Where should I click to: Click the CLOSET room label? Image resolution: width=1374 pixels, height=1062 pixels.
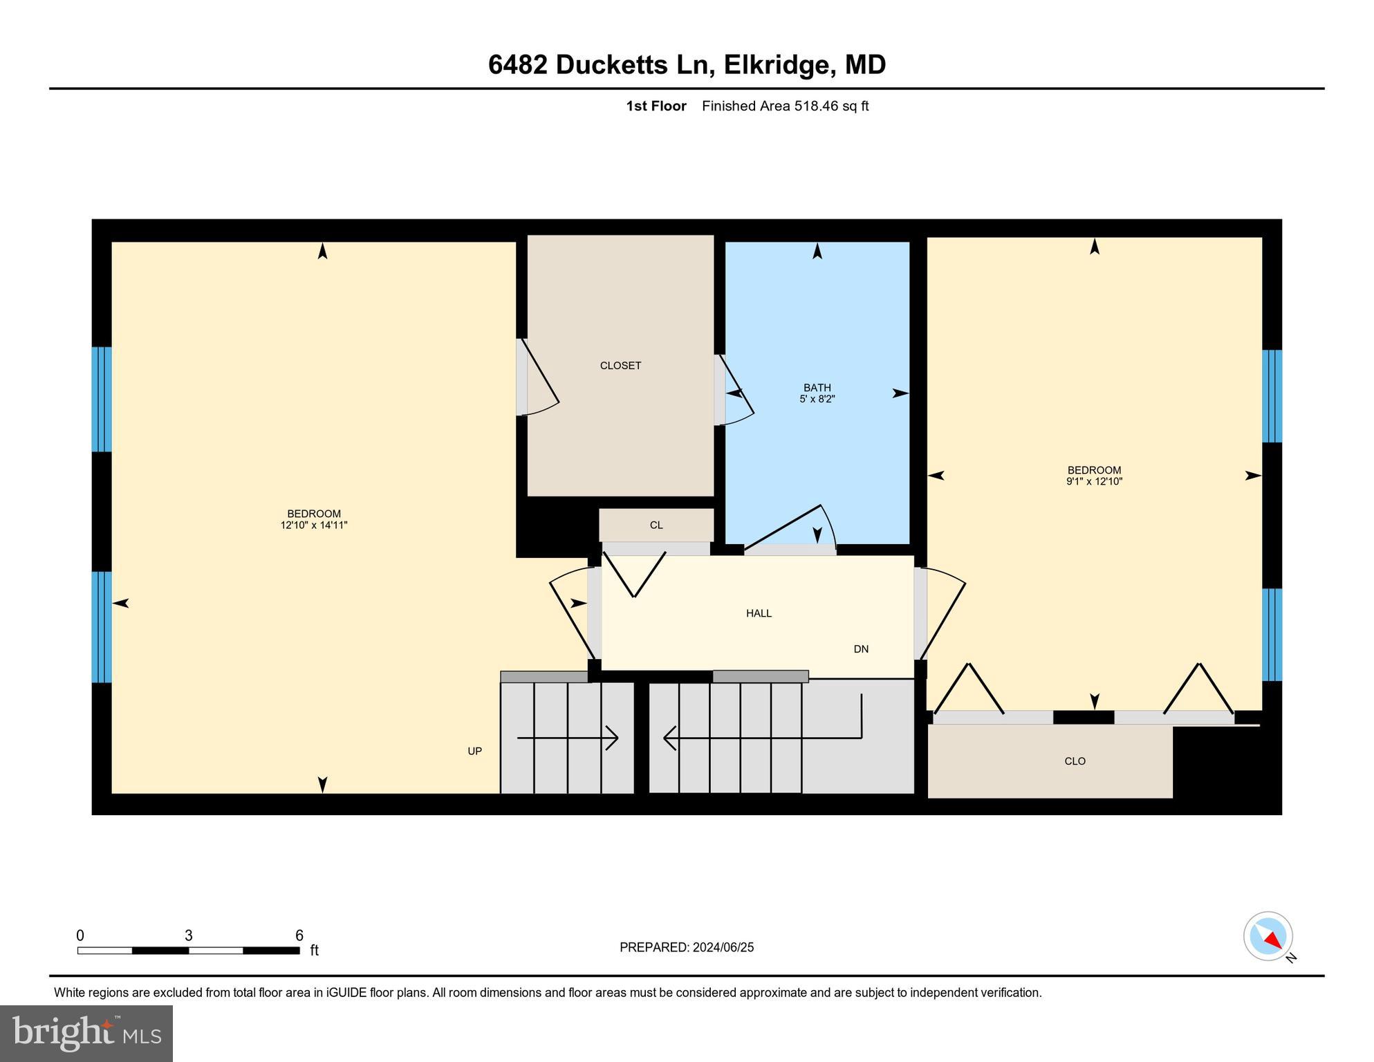[x=620, y=366]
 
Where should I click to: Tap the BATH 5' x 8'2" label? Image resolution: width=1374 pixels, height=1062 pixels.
[x=817, y=393]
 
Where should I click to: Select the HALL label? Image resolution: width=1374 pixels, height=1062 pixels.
[x=759, y=613]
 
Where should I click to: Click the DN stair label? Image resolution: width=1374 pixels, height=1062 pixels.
[x=861, y=649]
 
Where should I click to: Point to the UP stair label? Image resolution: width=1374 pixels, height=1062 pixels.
[x=474, y=752]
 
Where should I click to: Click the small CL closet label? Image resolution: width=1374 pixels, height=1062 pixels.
[x=656, y=525]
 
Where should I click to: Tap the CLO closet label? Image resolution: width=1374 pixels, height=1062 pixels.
[x=1075, y=761]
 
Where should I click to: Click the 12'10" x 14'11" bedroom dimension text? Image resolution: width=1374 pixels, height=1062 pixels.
[x=314, y=525]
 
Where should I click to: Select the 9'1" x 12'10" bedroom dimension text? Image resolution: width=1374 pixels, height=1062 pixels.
[x=1094, y=482]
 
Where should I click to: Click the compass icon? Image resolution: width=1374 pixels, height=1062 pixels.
[x=1268, y=936]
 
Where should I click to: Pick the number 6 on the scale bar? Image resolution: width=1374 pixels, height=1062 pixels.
[x=299, y=936]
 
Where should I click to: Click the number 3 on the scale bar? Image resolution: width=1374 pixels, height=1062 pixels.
[x=189, y=936]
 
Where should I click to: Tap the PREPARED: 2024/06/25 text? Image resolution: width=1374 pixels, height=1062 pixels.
[x=687, y=948]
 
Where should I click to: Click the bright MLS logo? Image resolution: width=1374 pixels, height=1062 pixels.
[x=86, y=1033]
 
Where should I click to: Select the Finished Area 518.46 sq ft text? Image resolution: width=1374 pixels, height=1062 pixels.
[x=785, y=106]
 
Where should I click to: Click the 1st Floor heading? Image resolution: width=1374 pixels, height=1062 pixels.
[x=656, y=106]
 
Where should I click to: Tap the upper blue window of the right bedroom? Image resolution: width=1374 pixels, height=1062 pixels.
[x=1272, y=395]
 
